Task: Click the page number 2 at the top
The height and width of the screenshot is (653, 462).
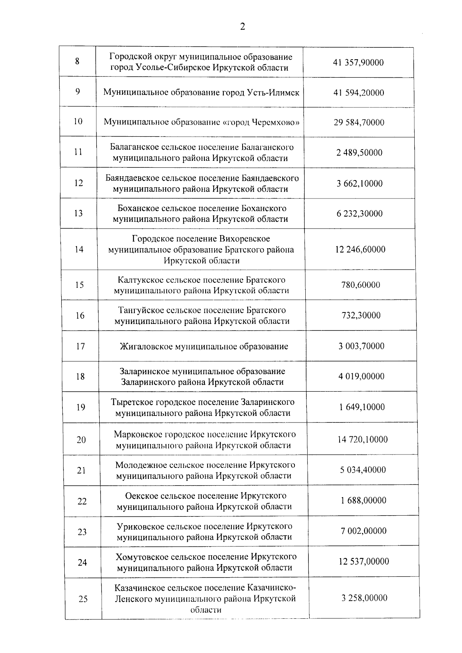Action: click(x=242, y=27)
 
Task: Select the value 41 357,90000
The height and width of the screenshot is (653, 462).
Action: click(x=358, y=63)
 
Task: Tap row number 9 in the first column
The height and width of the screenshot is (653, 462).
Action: click(x=78, y=92)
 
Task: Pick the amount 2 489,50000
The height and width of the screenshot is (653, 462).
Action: click(x=359, y=153)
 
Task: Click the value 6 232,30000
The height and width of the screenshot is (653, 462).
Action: click(x=360, y=214)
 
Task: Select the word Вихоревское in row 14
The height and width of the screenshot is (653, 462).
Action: click(x=244, y=239)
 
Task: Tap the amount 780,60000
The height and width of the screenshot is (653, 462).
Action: click(x=361, y=285)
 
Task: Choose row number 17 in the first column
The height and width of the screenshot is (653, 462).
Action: click(x=80, y=346)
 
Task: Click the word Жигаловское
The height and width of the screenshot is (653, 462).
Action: click(x=146, y=346)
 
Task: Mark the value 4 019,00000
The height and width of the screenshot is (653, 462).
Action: click(x=361, y=376)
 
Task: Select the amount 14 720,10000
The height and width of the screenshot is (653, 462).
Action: click(x=363, y=439)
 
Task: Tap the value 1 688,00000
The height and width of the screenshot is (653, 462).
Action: click(x=363, y=500)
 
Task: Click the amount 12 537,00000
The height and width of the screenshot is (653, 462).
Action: click(x=364, y=561)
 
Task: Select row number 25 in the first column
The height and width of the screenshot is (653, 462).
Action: click(x=83, y=599)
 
